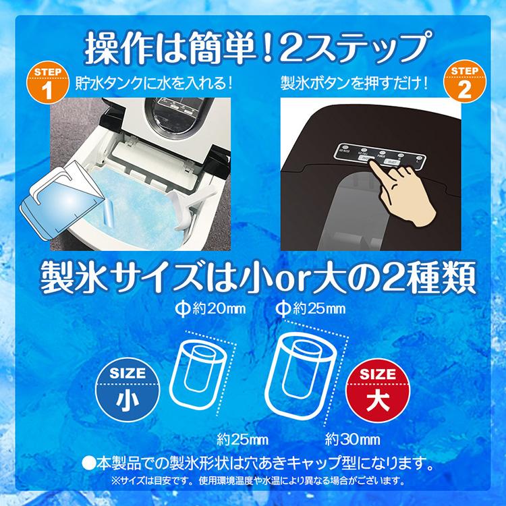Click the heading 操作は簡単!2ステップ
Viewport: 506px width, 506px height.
(253, 47)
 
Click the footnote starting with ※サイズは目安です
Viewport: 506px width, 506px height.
(253, 482)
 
